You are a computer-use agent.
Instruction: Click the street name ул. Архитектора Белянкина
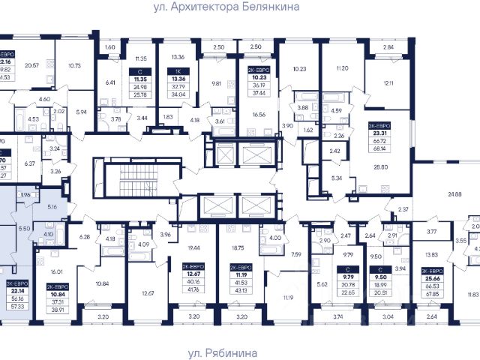click(x=239, y=7)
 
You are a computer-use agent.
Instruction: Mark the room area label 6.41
click(x=111, y=83)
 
